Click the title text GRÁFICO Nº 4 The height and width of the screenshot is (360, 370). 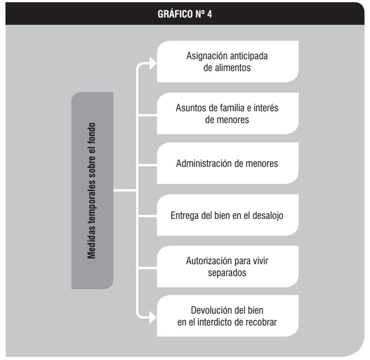pos(185,14)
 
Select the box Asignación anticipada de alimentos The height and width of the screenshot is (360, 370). pos(227,62)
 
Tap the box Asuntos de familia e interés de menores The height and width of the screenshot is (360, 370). pos(227,114)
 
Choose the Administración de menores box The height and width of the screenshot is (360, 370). pos(227,163)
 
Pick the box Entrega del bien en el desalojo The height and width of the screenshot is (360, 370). pos(227,215)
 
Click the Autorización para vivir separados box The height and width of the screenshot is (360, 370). pos(227,267)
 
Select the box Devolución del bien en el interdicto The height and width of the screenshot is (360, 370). pos(227,316)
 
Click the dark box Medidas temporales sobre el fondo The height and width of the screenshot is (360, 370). pos(92,191)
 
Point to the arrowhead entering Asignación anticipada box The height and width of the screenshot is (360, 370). pos(153,63)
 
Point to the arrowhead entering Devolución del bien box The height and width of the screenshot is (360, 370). pos(153,318)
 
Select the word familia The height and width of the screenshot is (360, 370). pos(232,108)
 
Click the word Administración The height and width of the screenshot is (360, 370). pos(205,163)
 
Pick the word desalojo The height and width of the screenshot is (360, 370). pos(268,216)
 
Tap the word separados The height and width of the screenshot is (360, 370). pos(227,273)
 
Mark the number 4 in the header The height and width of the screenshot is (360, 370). pos(209,14)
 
